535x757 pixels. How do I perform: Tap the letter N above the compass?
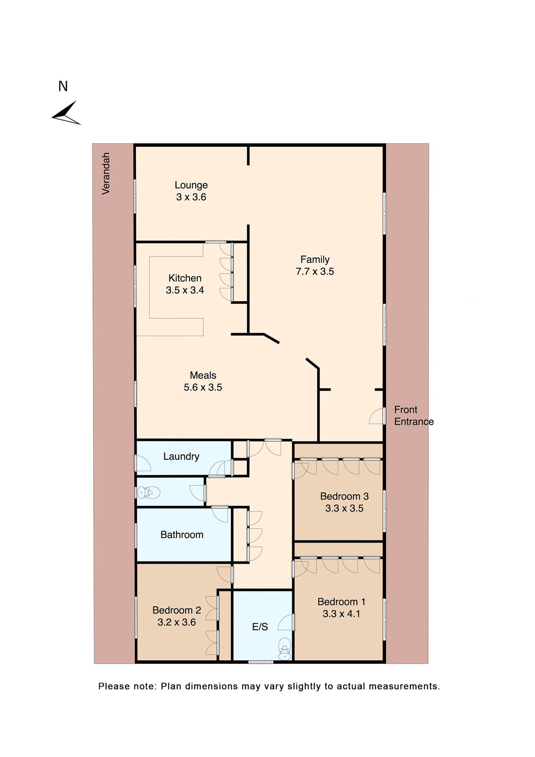pyautogui.click(x=63, y=86)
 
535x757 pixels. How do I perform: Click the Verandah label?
pyautogui.click(x=106, y=173)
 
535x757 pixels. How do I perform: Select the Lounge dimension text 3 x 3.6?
pyautogui.click(x=191, y=197)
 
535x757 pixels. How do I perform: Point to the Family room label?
pyautogui.click(x=315, y=259)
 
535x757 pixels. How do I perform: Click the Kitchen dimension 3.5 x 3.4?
pyautogui.click(x=185, y=290)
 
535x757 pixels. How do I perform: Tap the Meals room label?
pyautogui.click(x=203, y=375)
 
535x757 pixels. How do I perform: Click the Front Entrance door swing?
pyautogui.click(x=377, y=416)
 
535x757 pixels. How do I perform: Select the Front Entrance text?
pyautogui.click(x=413, y=416)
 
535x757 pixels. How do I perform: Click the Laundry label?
pyautogui.click(x=181, y=457)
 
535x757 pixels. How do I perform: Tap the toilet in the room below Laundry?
pyautogui.click(x=149, y=493)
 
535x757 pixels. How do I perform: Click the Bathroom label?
pyautogui.click(x=182, y=535)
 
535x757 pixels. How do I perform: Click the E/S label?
pyautogui.click(x=260, y=627)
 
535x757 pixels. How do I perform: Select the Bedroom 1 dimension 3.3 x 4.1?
pyautogui.click(x=341, y=614)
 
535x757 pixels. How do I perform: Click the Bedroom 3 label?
pyautogui.click(x=344, y=496)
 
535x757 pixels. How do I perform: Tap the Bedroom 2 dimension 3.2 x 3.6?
pyautogui.click(x=176, y=622)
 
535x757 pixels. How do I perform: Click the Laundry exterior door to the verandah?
pyautogui.click(x=143, y=463)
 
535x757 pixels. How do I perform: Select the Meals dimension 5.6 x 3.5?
pyautogui.click(x=203, y=388)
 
